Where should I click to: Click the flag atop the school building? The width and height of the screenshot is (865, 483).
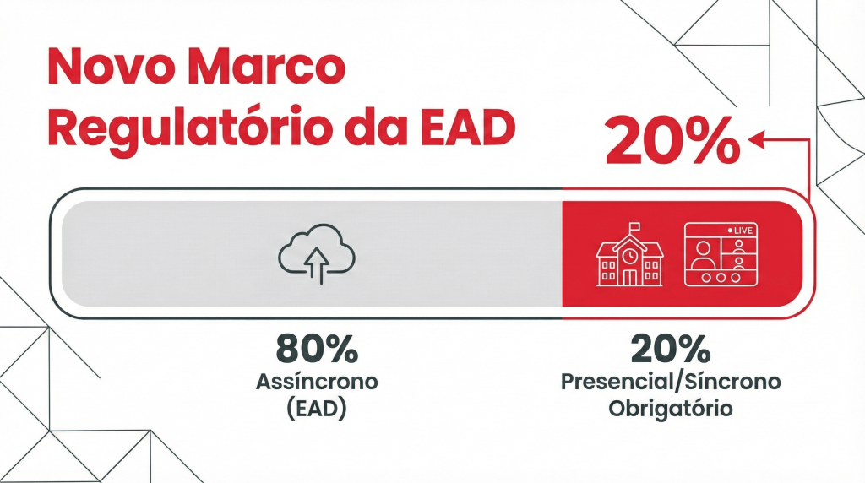[x=634, y=226]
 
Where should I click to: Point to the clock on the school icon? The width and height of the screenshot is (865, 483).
[x=629, y=254]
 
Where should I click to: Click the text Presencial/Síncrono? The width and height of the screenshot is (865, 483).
[x=671, y=382]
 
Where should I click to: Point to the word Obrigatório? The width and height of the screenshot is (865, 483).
[x=671, y=410]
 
